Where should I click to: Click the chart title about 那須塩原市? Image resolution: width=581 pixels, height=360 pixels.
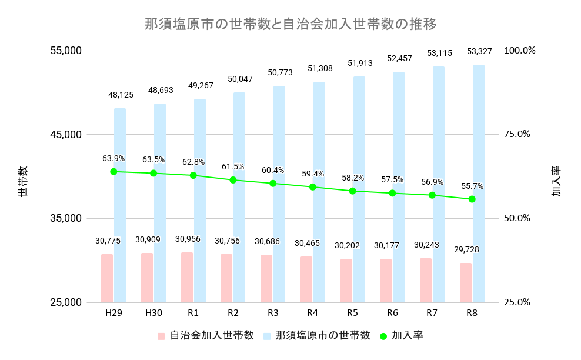(290, 24)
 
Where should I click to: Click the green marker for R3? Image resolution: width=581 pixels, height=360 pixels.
(273, 184)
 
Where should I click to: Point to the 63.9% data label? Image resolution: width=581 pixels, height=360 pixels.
(113, 158)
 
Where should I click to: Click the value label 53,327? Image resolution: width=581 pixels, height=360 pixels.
(480, 51)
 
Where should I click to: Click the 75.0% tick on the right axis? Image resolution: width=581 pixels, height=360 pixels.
(517, 134)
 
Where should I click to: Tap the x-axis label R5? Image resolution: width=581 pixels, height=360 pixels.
(352, 312)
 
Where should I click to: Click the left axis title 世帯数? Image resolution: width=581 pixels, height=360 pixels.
(22, 181)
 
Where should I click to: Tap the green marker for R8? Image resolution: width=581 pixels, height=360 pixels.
(472, 199)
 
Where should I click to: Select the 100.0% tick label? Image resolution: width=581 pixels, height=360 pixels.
(520, 50)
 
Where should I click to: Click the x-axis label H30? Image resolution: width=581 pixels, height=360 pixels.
(153, 312)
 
